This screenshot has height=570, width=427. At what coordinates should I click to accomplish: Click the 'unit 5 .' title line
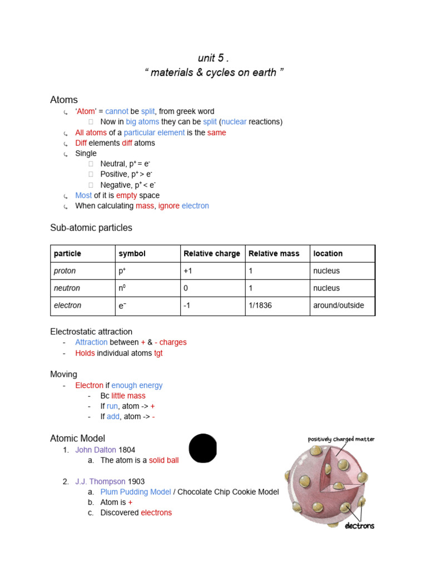[x=213, y=58]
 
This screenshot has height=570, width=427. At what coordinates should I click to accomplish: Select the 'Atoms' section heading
[x=64, y=100]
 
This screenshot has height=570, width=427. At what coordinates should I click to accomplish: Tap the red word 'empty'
[x=126, y=195]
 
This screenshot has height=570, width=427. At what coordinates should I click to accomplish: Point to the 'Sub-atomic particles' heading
[x=91, y=228]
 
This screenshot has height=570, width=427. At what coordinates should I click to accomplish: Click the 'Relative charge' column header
[x=212, y=254]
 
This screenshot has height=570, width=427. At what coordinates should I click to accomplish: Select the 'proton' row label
[x=64, y=271]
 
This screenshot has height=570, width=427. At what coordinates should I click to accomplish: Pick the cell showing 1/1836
[x=260, y=306]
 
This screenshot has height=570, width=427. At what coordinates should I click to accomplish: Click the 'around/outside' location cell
[x=339, y=306]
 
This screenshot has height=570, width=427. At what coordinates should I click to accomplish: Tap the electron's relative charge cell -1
[x=188, y=306]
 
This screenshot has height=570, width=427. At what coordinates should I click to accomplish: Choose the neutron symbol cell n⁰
[x=122, y=288]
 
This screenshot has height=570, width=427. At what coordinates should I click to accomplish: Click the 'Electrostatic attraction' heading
[x=91, y=332]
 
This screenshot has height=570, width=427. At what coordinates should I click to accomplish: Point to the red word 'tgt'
[x=158, y=353]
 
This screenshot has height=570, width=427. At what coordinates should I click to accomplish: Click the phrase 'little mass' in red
[x=128, y=396]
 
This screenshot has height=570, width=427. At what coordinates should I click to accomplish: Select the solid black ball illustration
[x=203, y=448]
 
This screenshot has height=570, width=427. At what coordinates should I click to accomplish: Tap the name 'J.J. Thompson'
[x=100, y=481]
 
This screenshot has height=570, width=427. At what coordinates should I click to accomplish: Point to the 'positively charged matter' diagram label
[x=341, y=439]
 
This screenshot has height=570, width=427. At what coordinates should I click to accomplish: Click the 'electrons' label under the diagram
[x=360, y=525]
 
